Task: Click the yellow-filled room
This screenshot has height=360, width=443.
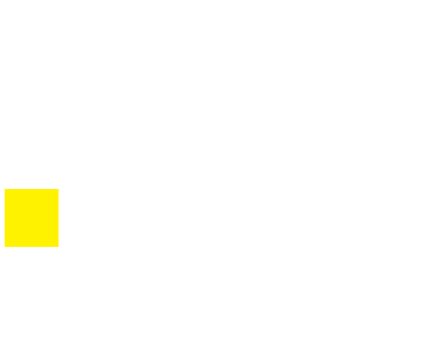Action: tap(32, 218)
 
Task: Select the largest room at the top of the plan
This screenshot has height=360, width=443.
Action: tap(216, 37)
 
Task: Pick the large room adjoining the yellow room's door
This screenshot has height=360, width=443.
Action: tap(125, 218)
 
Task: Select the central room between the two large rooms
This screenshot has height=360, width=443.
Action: tap(216, 217)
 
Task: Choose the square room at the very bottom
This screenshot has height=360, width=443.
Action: tap(216, 333)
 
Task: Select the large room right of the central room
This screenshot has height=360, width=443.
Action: tap(306, 218)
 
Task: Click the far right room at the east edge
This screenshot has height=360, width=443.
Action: tap(405, 218)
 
